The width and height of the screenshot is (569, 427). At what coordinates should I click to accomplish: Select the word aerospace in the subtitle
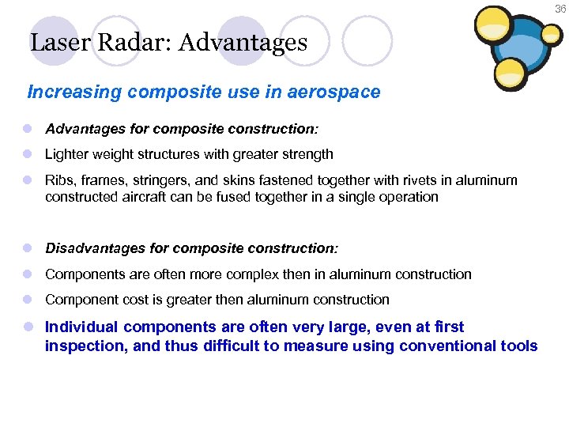tap(336, 92)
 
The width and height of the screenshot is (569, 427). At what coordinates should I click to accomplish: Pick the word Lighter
tap(68, 154)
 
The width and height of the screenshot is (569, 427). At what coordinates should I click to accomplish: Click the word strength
tap(307, 154)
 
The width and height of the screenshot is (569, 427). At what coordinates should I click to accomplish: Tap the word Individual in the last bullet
tap(81, 327)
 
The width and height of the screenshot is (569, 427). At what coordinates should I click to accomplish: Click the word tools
tap(520, 346)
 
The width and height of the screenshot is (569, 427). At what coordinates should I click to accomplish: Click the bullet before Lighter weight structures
tap(28, 154)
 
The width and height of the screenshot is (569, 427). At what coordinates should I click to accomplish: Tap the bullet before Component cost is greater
tap(28, 300)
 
